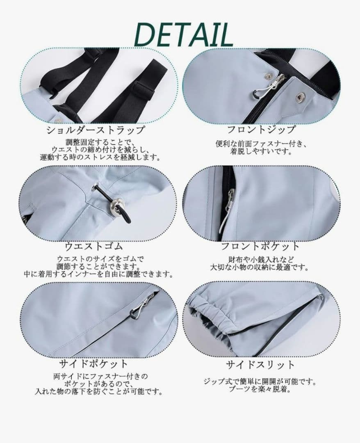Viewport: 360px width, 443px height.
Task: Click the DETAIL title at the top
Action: (x=183, y=35)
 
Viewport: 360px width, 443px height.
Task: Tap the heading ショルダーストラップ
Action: (x=96, y=130)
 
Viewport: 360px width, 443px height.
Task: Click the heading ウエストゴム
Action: (x=93, y=247)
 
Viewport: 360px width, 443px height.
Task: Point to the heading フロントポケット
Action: (x=260, y=246)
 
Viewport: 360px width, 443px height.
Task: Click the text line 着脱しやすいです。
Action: (x=261, y=152)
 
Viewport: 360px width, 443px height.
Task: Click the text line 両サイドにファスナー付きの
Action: (x=100, y=376)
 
